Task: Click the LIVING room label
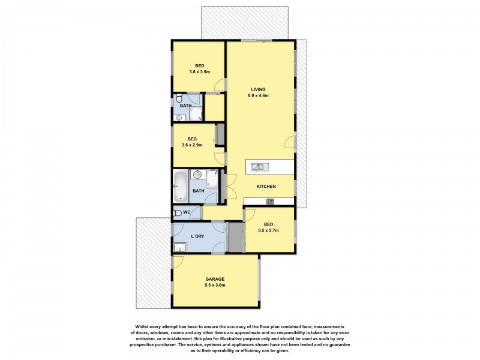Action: pyautogui.click(x=259, y=89)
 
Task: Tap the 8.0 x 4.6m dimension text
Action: pyautogui.click(x=259, y=96)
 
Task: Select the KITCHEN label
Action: pyautogui.click(x=266, y=187)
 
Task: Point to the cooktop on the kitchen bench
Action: pyautogui.click(x=271, y=201)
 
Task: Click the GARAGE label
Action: pyautogui.click(x=215, y=279)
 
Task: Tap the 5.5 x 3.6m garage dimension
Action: pyautogui.click(x=215, y=286)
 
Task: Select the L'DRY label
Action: pyautogui.click(x=197, y=236)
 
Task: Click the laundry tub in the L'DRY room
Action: pyautogui.click(x=179, y=247)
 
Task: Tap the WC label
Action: pyautogui.click(x=187, y=212)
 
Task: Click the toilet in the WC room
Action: pyautogui.click(x=177, y=212)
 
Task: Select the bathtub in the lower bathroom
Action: pyautogui.click(x=180, y=187)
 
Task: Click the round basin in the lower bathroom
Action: pyautogui.click(x=197, y=175)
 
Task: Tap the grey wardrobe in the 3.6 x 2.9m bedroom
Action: pyautogui.click(x=220, y=134)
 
